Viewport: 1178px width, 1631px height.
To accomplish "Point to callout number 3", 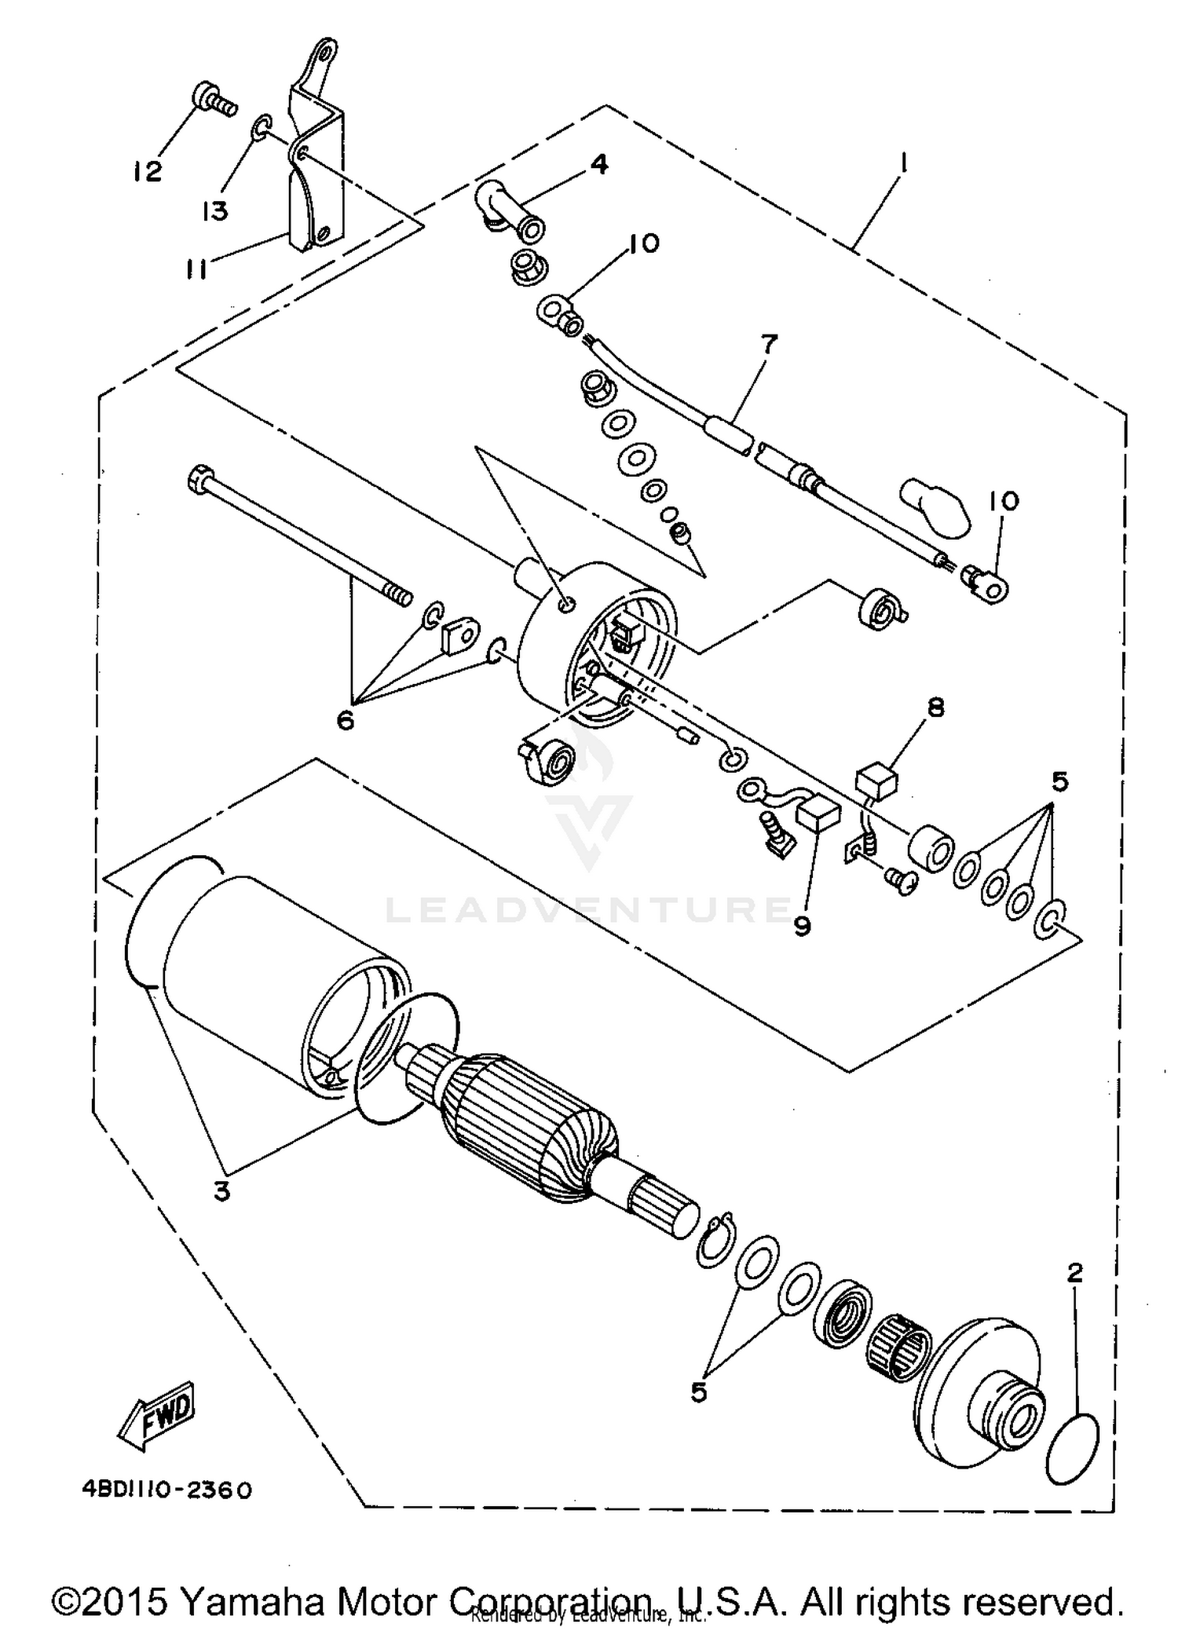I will tap(222, 1190).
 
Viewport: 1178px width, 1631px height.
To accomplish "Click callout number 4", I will tap(598, 164).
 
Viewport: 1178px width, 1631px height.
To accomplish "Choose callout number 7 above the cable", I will tap(767, 344).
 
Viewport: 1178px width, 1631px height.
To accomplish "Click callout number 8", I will tap(935, 708).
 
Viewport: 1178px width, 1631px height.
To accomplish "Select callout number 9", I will tap(801, 927).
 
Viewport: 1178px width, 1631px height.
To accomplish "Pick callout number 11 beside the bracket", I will tap(196, 270).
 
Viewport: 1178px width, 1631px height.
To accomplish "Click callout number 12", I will tap(147, 171).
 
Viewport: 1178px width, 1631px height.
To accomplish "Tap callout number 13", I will tap(214, 210).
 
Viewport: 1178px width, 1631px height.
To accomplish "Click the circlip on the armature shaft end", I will tap(715, 1242).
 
